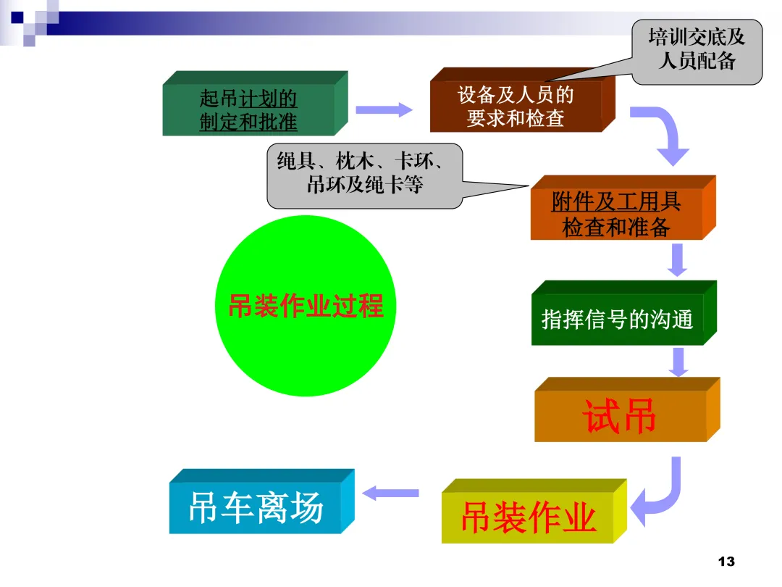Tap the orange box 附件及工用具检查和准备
click(x=616, y=215)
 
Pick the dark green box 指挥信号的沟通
click(x=617, y=319)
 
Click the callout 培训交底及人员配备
click(x=697, y=49)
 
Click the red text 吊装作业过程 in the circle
click(x=306, y=306)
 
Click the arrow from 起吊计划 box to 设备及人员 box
click(x=383, y=110)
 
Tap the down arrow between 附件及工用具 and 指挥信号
click(x=677, y=260)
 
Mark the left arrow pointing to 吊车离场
click(x=390, y=494)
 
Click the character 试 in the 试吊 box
click(x=600, y=417)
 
